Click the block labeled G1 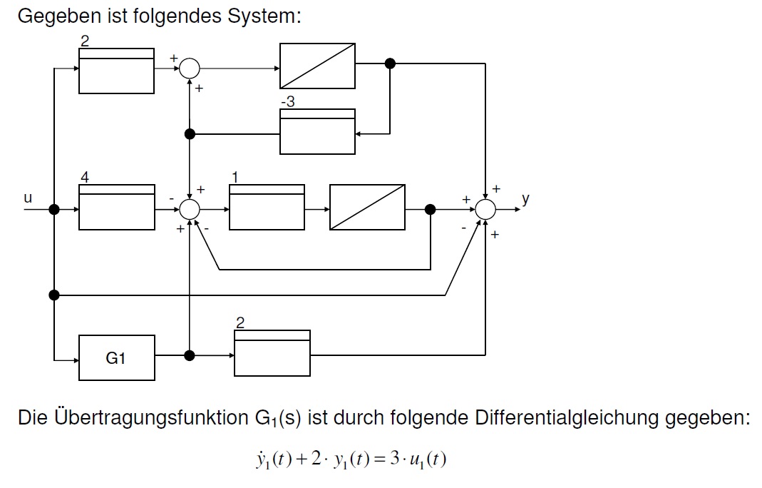(x=116, y=357)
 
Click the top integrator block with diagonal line (x=317, y=66)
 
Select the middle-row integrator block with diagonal (x=367, y=208)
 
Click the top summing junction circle (x=190, y=68)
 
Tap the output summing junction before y (x=486, y=210)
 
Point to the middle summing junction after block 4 (x=190, y=210)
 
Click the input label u (x=27, y=198)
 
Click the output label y (x=525, y=199)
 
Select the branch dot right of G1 (x=190, y=355)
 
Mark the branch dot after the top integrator (x=390, y=63)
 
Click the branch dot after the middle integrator (x=430, y=210)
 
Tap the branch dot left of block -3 (x=190, y=133)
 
